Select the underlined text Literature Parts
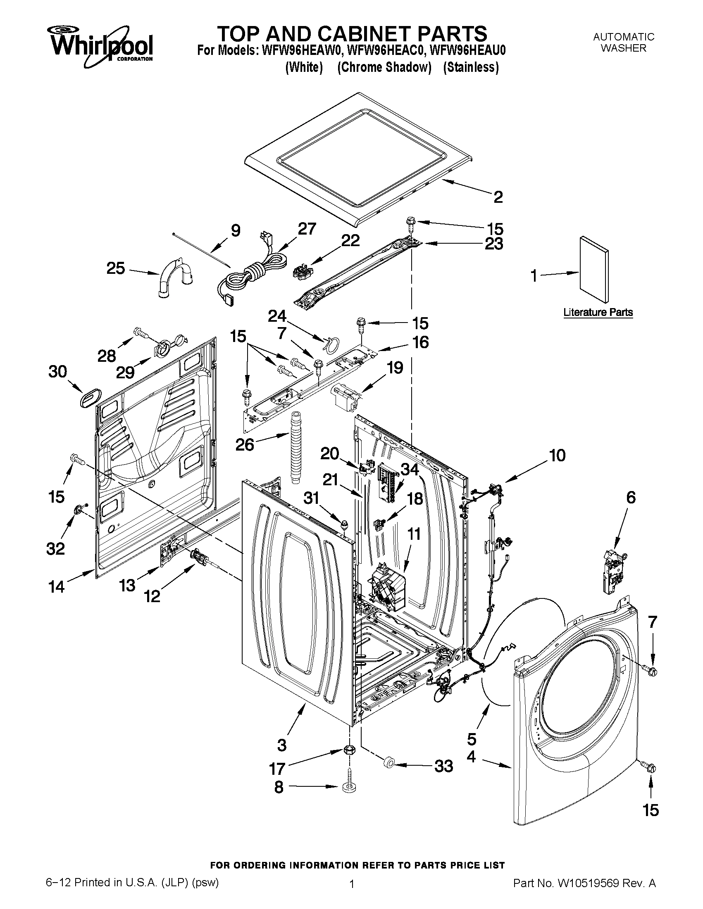pos(598,312)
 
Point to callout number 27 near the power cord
pos(307,229)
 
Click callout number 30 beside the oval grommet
pos(57,371)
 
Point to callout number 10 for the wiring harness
pos(557,456)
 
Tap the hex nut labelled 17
pos(349,751)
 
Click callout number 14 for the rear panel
pos(57,587)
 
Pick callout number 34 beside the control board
pos(410,470)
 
